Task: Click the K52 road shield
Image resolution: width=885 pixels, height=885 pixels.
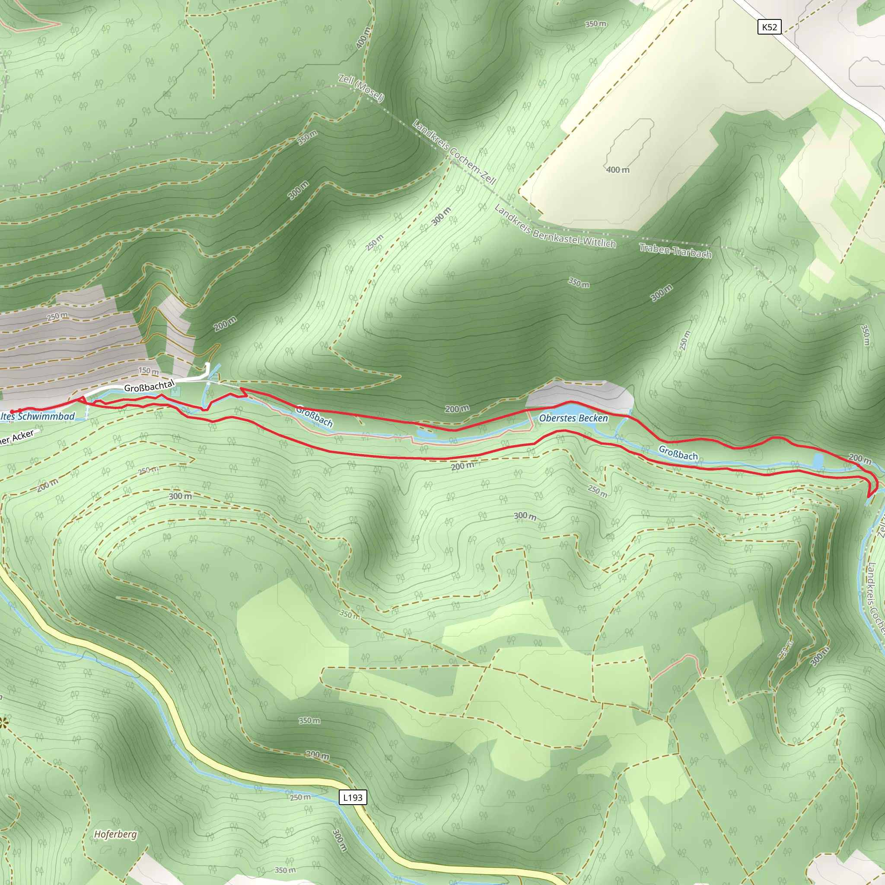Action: click(x=769, y=27)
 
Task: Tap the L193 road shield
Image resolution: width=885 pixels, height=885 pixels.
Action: click(x=353, y=798)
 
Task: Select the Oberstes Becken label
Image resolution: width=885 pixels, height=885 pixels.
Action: click(x=573, y=418)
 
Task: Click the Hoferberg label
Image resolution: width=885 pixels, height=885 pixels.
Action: click(x=115, y=834)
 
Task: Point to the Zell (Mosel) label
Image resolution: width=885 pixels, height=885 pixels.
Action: click(x=361, y=88)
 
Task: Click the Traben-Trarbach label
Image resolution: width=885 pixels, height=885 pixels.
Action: click(x=675, y=251)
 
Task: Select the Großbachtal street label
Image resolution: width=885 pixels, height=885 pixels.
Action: click(x=150, y=386)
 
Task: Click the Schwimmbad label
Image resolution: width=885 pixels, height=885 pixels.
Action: click(x=46, y=417)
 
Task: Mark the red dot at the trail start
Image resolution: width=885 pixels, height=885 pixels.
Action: click(x=12, y=411)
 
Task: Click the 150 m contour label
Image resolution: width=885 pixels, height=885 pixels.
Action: click(x=148, y=371)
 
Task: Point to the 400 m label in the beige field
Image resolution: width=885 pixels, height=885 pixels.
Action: click(x=618, y=170)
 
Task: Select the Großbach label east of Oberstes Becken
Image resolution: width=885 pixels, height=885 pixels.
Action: click(x=678, y=452)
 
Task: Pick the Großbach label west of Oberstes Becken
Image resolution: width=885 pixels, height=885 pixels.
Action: click(x=314, y=416)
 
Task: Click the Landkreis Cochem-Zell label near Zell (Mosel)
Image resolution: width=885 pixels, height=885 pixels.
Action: click(x=454, y=152)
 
